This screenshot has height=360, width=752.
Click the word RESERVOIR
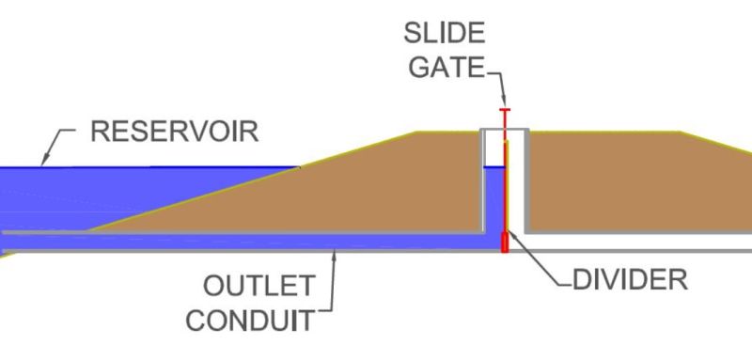click(x=174, y=131)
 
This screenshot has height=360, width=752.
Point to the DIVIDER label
click(x=631, y=279)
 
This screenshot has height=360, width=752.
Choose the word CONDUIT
click(x=249, y=320)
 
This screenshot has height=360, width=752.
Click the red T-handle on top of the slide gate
click(x=505, y=112)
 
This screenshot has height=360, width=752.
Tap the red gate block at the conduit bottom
click(x=505, y=243)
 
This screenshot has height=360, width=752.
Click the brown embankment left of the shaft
click(x=376, y=188)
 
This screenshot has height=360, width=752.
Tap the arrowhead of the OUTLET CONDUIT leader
click(x=336, y=251)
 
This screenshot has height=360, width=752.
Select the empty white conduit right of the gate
click(x=630, y=243)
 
